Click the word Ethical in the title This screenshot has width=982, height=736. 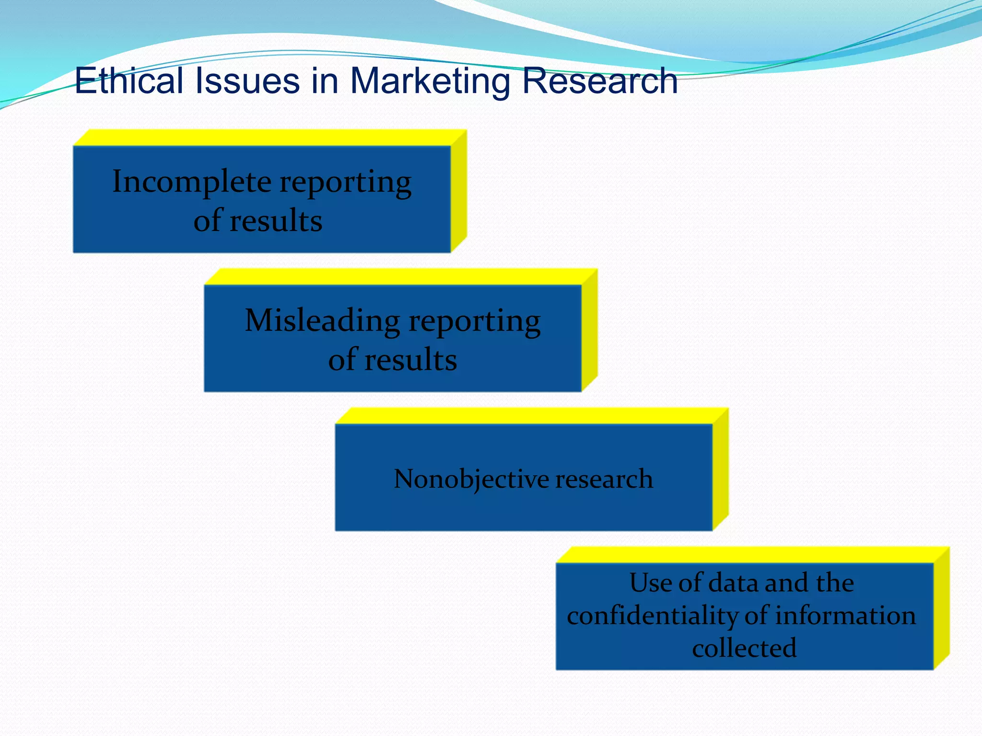coord(129,80)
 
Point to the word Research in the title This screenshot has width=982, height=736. coord(599,80)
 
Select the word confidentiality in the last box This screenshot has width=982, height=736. coord(650,615)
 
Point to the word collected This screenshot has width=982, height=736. coord(744,648)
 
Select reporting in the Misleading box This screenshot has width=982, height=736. coord(475,322)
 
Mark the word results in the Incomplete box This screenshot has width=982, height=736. coord(276,221)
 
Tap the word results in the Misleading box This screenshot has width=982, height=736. coord(410,360)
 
